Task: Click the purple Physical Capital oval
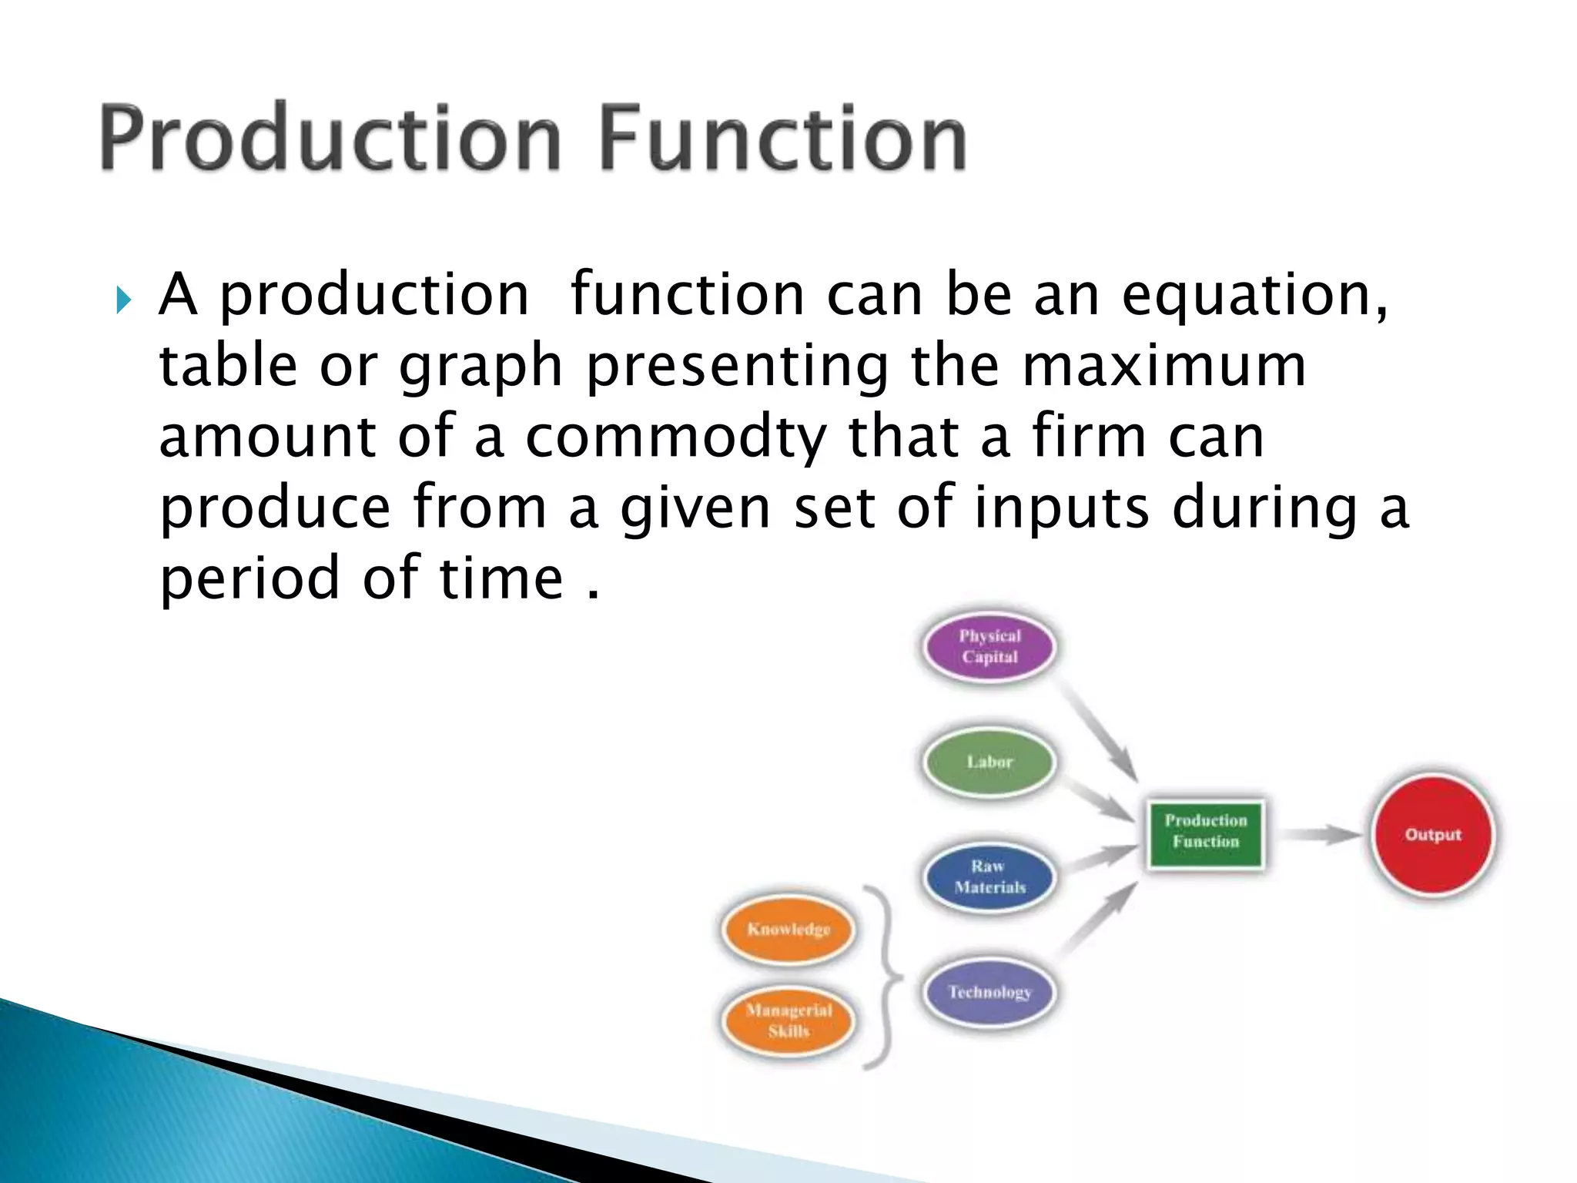(x=989, y=647)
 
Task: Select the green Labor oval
(x=989, y=762)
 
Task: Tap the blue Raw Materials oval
(x=989, y=877)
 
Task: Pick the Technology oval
(x=989, y=992)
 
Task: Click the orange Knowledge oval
(x=788, y=930)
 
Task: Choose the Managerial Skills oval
(x=788, y=1020)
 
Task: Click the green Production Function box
(x=1206, y=833)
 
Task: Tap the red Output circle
(x=1432, y=835)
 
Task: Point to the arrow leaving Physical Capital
(x=1097, y=728)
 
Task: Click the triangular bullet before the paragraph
(x=124, y=299)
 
